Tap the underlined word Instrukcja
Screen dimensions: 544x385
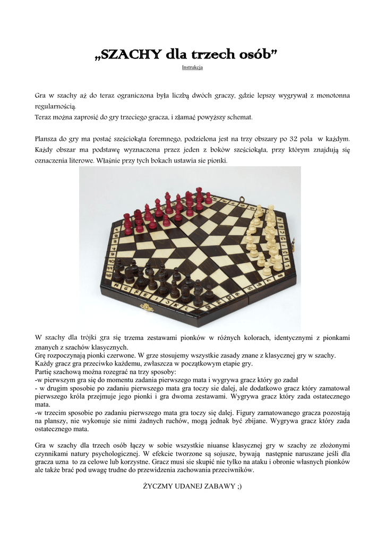coord(192,67)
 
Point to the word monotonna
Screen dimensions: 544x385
coord(330,96)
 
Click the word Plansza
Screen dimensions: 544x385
coord(47,139)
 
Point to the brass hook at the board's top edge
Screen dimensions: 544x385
coord(242,201)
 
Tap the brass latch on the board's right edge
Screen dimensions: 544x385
coord(294,243)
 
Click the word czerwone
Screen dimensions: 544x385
coord(116,355)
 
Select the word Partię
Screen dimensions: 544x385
coord(45,371)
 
